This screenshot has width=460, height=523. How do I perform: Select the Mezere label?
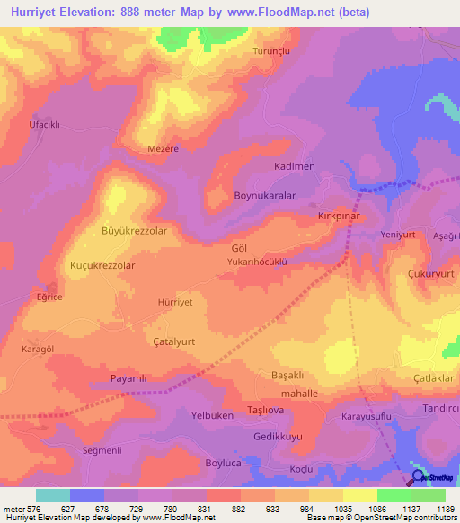click(x=164, y=149)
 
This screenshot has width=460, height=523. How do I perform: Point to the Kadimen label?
click(x=294, y=167)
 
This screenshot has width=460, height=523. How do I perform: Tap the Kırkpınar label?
click(x=338, y=217)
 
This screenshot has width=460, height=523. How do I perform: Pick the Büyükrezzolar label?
click(x=134, y=231)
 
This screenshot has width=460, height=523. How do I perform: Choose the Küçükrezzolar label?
click(x=102, y=266)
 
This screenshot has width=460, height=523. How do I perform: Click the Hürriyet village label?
click(x=175, y=304)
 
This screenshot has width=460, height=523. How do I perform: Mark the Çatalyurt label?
click(x=175, y=341)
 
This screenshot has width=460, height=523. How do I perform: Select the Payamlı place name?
click(x=128, y=378)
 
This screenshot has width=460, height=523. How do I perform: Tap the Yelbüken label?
click(x=213, y=415)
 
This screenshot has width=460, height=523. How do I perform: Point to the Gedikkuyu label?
click(x=278, y=435)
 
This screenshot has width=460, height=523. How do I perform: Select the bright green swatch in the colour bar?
click(x=394, y=495)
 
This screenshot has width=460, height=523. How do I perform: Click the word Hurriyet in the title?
click(x=37, y=13)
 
